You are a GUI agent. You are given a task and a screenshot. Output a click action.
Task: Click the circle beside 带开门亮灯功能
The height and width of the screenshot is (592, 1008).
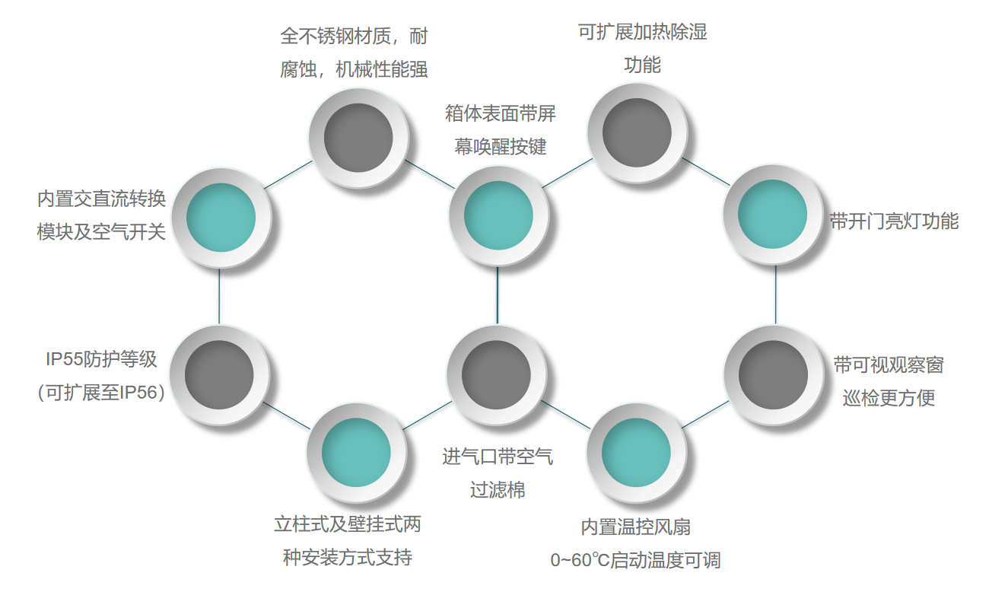772,215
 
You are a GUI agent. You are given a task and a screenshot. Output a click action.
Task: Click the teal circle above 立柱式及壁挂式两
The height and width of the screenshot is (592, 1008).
356,454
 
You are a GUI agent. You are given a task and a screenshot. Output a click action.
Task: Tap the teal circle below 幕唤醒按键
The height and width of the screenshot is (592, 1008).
498,215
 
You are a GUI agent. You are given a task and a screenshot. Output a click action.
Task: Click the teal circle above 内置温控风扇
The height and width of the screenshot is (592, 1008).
636,454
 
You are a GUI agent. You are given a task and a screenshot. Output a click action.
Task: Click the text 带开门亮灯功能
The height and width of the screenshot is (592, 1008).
894,221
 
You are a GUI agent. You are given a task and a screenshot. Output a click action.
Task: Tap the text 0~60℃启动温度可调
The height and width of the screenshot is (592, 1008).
635,561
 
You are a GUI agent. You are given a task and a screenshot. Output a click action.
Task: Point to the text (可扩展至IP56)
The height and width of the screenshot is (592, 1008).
100,393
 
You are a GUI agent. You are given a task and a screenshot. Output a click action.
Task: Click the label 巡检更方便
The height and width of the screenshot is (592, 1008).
889,397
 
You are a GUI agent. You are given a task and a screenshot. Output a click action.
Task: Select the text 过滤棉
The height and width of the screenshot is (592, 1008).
498,490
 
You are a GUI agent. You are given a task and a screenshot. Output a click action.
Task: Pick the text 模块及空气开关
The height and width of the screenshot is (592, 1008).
101,232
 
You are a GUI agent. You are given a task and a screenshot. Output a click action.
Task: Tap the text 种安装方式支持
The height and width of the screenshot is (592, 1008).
348,558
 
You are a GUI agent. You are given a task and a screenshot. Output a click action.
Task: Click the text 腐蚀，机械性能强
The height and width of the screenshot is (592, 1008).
354,70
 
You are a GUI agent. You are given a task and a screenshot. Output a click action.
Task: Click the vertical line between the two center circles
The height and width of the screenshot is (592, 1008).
498,295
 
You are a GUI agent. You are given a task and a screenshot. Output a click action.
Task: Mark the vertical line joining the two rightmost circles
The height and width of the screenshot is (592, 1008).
775,295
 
